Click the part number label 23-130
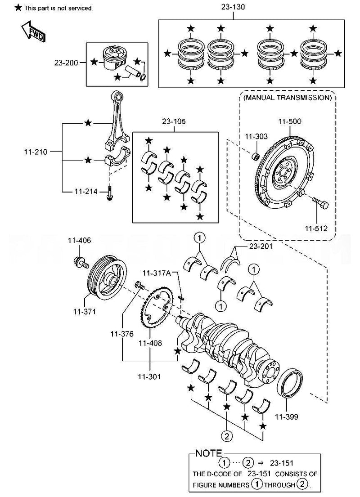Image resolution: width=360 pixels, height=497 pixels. tap(233, 7)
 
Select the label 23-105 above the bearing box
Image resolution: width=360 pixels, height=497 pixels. tap(174, 122)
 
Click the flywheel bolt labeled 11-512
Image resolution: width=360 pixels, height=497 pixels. tap(321, 203)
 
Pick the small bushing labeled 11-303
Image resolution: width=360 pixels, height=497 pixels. tap(255, 157)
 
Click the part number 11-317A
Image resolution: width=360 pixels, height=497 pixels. tap(157, 273)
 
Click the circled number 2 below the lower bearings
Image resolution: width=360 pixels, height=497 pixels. tap(227, 435)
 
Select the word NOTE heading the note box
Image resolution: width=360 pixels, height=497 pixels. tap(208, 453)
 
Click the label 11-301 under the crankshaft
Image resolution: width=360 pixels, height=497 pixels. tap(150, 376)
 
